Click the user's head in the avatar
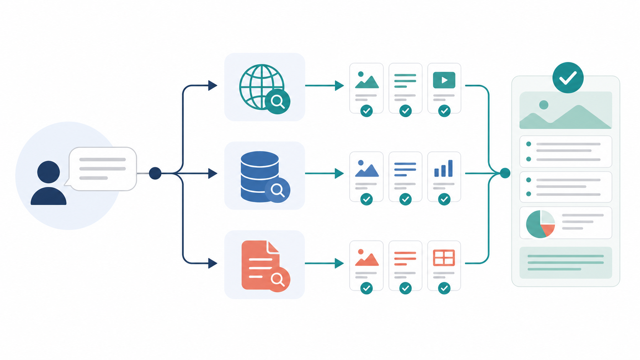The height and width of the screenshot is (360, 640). pos(48,172)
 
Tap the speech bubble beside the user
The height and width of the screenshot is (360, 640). pos(103,168)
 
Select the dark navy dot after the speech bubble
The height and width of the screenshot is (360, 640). pos(155,173)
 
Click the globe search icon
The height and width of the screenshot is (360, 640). pos(263,87)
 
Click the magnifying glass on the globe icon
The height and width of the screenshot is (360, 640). pos(278,101)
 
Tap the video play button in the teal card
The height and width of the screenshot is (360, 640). pos(444,80)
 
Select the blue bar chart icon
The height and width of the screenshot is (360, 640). pos(444,169)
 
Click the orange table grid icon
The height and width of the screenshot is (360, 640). pos(444,257)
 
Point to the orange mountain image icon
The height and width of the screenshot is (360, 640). pos(366,258)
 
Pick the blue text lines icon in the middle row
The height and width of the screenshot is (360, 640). pos(405,169)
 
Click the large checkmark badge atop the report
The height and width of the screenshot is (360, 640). pos(568,78)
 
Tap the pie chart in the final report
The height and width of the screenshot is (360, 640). pos(540,224)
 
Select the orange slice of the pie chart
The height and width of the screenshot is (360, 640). pos(548,230)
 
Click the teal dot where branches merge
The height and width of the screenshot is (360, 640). pos(505,173)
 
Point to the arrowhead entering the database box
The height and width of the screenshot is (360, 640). pos(212,173)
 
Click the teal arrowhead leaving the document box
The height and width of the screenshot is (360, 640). pos(339,263)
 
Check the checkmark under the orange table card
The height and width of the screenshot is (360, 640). pos(444,288)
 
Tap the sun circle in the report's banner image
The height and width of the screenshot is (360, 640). pos(544,104)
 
